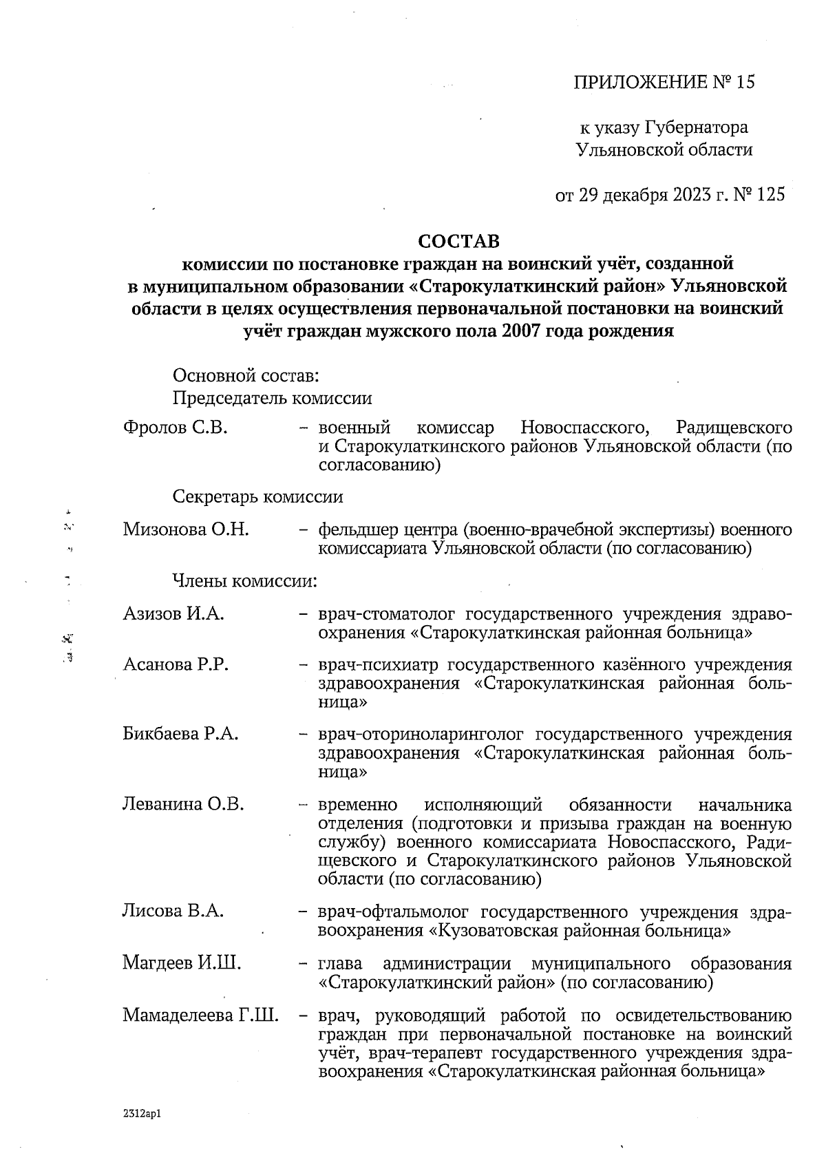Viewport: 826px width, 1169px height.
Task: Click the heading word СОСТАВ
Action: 459,242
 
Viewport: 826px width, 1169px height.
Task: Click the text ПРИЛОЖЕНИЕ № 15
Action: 664,83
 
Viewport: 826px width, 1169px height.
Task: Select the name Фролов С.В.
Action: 175,428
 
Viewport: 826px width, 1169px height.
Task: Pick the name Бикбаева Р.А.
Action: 180,734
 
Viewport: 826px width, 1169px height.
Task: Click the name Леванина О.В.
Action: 183,804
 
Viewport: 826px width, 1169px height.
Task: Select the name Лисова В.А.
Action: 173,912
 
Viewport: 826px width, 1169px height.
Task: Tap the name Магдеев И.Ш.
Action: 182,962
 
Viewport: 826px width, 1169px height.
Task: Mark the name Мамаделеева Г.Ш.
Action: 200,1015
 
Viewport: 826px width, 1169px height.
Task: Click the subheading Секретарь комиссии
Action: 257,497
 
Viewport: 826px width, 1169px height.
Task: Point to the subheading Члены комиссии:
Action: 244,581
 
